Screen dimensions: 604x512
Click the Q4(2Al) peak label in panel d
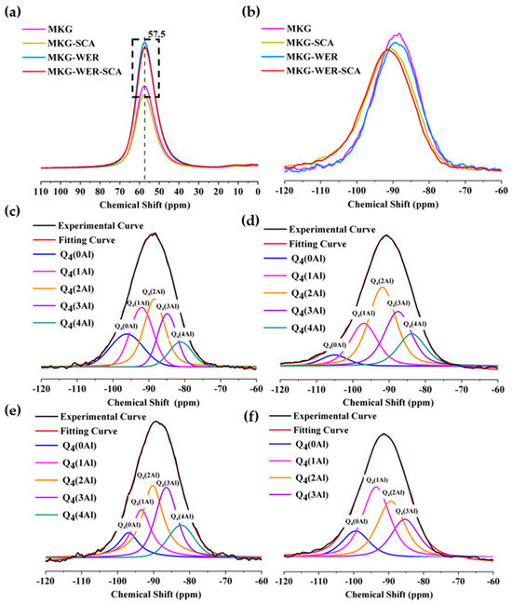[384, 280]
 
